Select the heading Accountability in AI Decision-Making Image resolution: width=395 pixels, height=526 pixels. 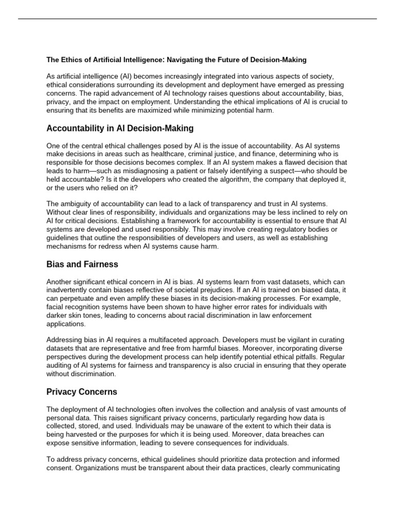(120, 128)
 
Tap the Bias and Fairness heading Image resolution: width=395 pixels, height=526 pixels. (82, 264)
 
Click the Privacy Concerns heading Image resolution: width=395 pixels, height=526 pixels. (82, 392)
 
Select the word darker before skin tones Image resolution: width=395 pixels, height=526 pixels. (57, 315)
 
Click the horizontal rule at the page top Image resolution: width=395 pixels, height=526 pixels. (197, 19)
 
